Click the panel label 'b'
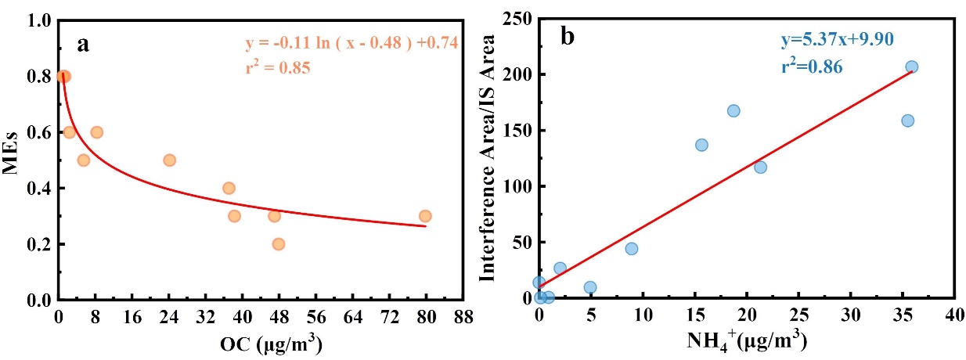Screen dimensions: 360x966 click(x=567, y=37)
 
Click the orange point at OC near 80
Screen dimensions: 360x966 click(x=425, y=216)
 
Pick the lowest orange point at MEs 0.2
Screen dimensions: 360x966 click(x=278, y=244)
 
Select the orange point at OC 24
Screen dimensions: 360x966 click(x=169, y=160)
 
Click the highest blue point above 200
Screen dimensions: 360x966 click(x=911, y=67)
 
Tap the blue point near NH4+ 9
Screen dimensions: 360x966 click(x=632, y=249)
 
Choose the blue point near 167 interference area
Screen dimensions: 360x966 click(x=734, y=111)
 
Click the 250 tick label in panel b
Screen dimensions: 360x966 click(x=512, y=19)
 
